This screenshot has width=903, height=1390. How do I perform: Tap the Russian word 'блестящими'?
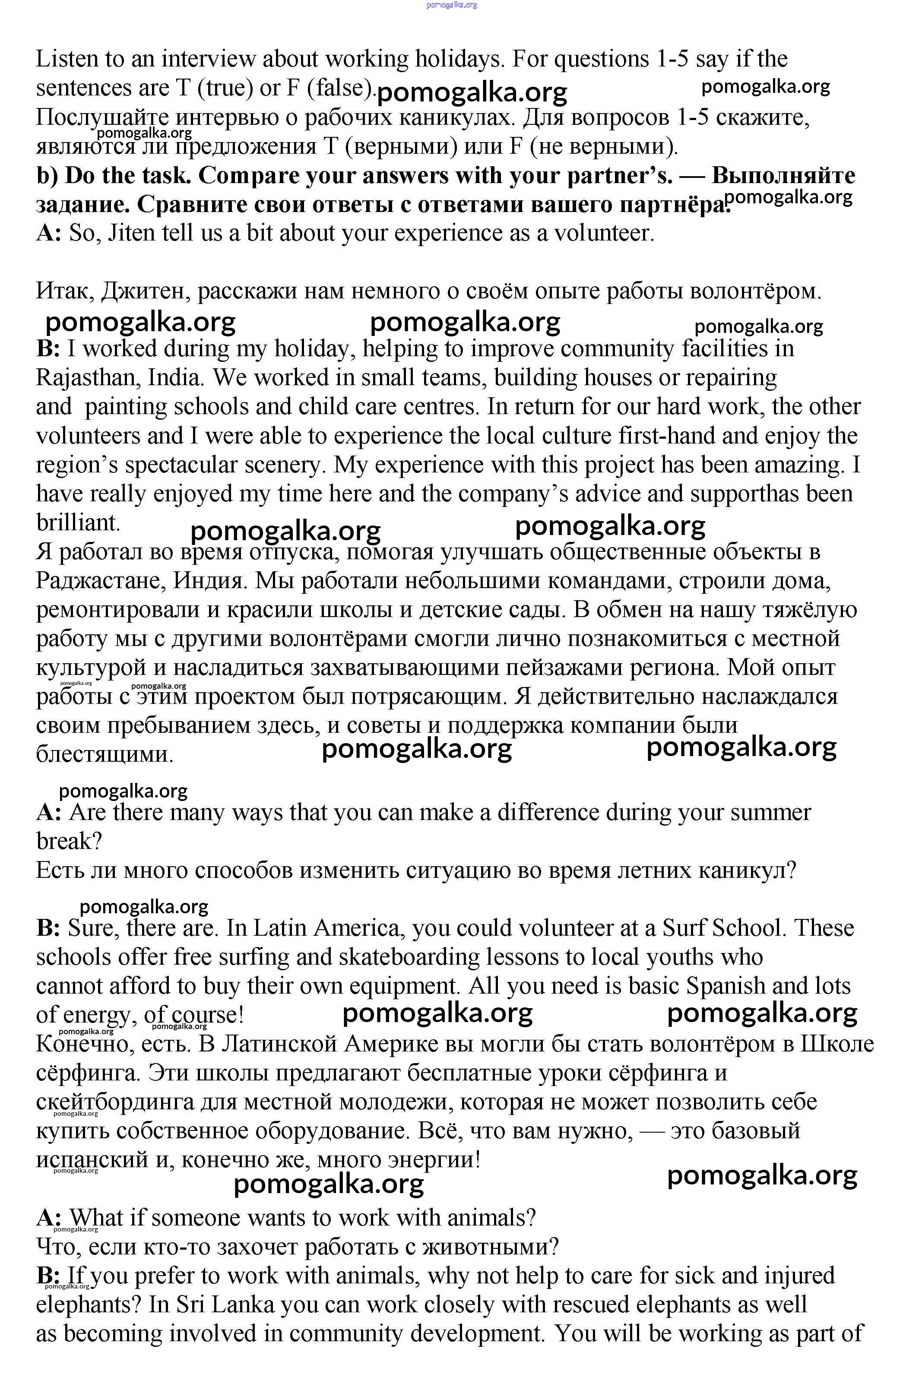pos(105,754)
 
